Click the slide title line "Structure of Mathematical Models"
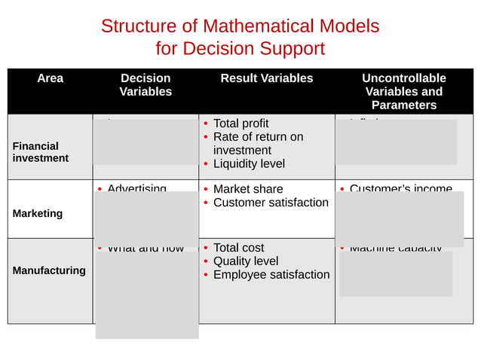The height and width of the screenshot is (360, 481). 240,26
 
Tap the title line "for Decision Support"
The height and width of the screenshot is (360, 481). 240,49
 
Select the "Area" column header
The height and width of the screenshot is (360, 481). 50,78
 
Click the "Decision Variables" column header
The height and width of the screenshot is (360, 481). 146,85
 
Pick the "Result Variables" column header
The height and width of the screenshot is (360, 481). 266,78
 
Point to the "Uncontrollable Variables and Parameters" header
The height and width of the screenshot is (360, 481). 403,91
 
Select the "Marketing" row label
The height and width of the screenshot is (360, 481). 38,213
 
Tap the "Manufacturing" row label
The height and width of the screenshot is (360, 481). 49,270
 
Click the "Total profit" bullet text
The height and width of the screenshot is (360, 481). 240,124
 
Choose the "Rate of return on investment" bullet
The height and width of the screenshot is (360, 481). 258,143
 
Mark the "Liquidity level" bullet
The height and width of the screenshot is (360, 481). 249,163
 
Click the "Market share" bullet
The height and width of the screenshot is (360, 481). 248,189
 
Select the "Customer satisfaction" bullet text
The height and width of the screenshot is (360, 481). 271,203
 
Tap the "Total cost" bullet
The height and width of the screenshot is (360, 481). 238,248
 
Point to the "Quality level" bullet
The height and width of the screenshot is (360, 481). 246,261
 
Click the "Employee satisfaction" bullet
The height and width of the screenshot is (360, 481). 271,275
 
